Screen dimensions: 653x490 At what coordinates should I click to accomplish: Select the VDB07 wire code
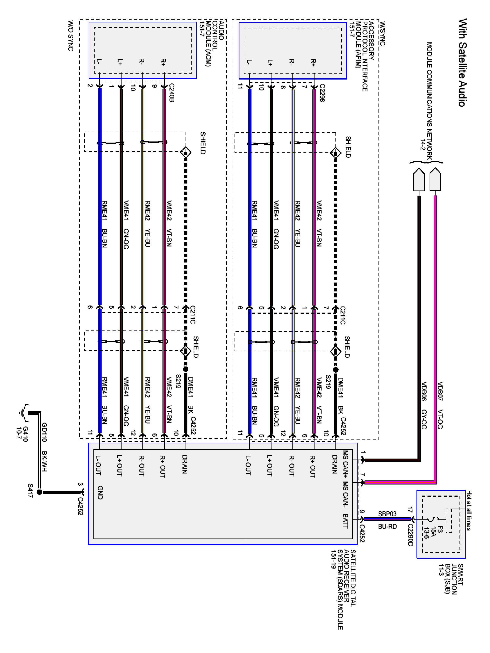click(440, 391)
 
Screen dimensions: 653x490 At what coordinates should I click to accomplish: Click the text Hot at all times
click(469, 510)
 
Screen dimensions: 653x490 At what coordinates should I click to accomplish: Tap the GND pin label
click(100, 492)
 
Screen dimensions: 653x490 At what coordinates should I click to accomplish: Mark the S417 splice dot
click(39, 492)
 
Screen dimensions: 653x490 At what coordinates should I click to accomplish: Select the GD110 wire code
click(44, 432)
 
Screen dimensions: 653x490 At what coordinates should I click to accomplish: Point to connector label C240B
click(172, 93)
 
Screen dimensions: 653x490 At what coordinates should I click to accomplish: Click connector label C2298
click(322, 93)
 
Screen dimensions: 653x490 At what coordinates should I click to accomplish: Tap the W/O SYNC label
click(71, 35)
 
